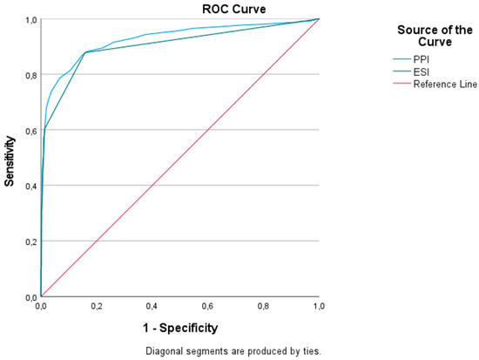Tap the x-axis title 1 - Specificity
point(180,328)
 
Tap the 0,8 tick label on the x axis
point(263,307)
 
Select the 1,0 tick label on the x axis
point(319,307)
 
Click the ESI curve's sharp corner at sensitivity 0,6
point(44,130)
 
